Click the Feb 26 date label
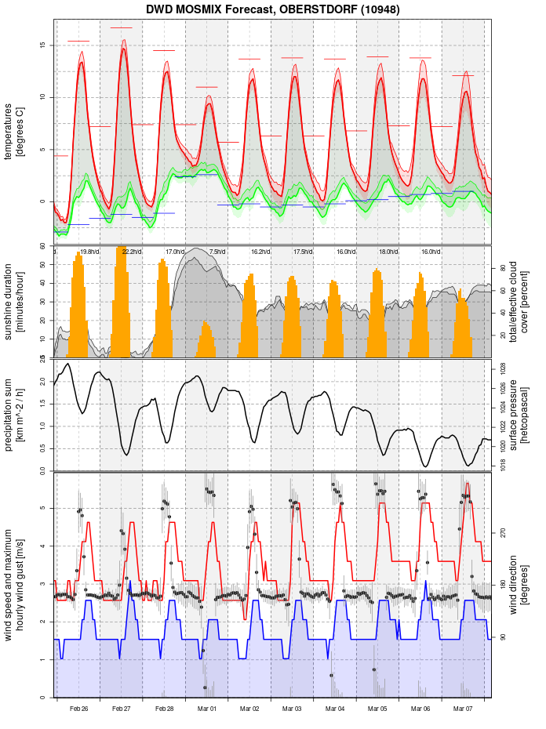[78, 709]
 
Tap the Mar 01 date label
[207, 709]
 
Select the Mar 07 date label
[463, 709]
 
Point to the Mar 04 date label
[335, 709]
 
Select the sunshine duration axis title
[14, 302]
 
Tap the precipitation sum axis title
[14, 413]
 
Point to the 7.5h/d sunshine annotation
[217, 252]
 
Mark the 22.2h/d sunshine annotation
[132, 252]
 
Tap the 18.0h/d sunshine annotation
[388, 252]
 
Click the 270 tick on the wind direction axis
[503, 532]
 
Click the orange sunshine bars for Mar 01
[206, 340]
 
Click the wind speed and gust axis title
[14, 585]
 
